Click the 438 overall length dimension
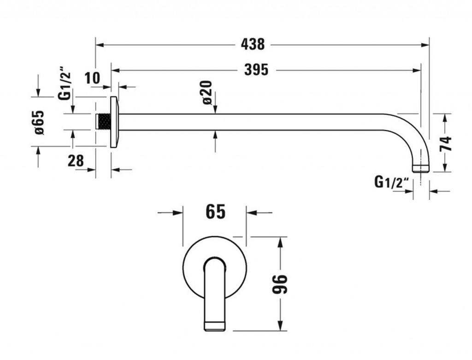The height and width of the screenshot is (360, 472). coord(253,44)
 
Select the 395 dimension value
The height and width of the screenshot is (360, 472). coord(256,70)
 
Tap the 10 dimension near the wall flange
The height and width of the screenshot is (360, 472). coord(92,78)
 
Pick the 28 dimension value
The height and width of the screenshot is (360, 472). coord(76,161)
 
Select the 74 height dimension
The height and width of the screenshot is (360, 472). coord(446,144)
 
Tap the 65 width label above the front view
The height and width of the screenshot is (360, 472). coord(215,212)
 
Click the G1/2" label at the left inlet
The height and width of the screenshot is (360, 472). coord(65,87)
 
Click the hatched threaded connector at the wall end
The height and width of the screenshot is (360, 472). coord(104,122)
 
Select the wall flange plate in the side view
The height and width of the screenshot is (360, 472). coord(114,122)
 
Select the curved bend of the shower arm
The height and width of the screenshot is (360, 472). coord(413,130)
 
